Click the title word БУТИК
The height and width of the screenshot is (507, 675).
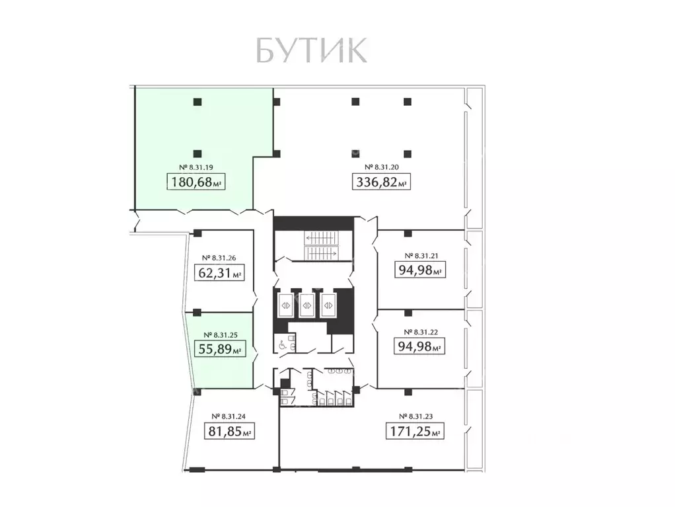[310, 51]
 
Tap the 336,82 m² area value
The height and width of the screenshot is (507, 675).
[382, 182]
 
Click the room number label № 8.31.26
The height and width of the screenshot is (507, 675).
[221, 258]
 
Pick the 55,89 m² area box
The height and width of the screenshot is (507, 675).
[221, 349]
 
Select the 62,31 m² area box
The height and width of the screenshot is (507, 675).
[221, 272]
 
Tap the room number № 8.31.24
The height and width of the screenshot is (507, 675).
[229, 416]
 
